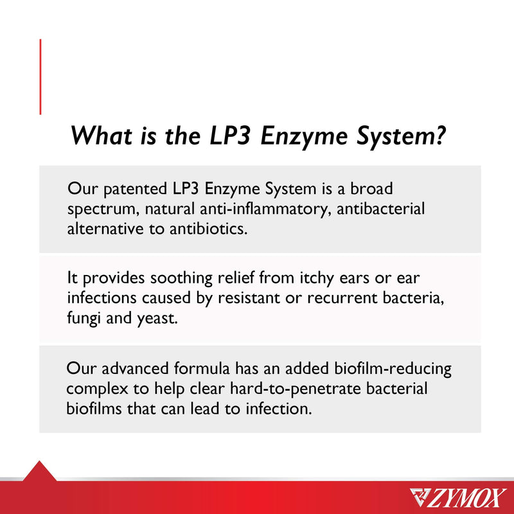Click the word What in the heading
(102, 136)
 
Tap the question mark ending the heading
(439, 135)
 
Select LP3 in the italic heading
(229, 136)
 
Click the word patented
(135, 190)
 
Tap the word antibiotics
(208, 229)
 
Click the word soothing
(181, 278)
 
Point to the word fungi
(84, 318)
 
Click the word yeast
(157, 319)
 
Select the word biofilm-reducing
(393, 369)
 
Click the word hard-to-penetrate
(295, 389)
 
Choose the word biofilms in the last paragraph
(94, 409)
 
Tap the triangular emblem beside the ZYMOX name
(420, 497)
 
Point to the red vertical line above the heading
(40, 76)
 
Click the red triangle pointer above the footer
(39, 471)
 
